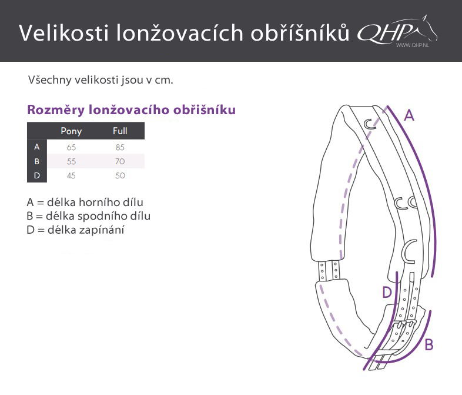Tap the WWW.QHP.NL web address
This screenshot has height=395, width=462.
(412, 45)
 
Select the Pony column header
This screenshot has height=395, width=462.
(71, 131)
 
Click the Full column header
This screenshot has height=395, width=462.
(120, 131)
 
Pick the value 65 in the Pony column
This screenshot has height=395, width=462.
(71, 147)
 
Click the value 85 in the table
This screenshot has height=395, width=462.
(120, 147)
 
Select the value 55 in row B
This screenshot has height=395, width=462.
(71, 161)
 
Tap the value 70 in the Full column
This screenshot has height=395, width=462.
(120, 161)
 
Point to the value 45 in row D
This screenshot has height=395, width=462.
(71, 175)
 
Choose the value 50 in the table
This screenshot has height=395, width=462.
(120, 175)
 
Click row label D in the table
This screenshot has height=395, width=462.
(37, 175)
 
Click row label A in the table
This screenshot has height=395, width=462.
(37, 147)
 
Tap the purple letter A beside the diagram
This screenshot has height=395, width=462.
(409, 115)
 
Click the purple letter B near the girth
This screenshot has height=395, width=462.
(429, 344)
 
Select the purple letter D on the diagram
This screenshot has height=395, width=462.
(387, 293)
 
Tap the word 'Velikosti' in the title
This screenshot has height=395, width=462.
(63, 32)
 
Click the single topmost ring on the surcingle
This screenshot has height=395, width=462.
(369, 124)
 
